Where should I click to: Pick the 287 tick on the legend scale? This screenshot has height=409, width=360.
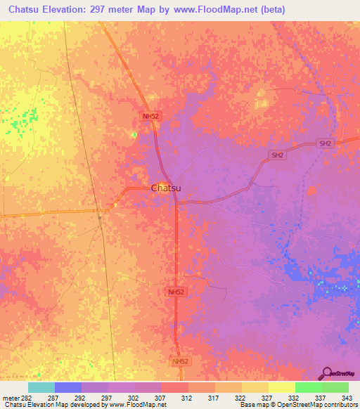pos(53,396)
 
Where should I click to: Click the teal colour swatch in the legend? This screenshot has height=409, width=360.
pos(41,387)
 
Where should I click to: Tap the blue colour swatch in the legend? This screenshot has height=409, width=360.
pos(67,387)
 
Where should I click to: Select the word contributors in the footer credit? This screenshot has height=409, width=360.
pos(341,405)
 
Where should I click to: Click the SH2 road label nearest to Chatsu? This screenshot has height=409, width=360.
pos(278,155)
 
